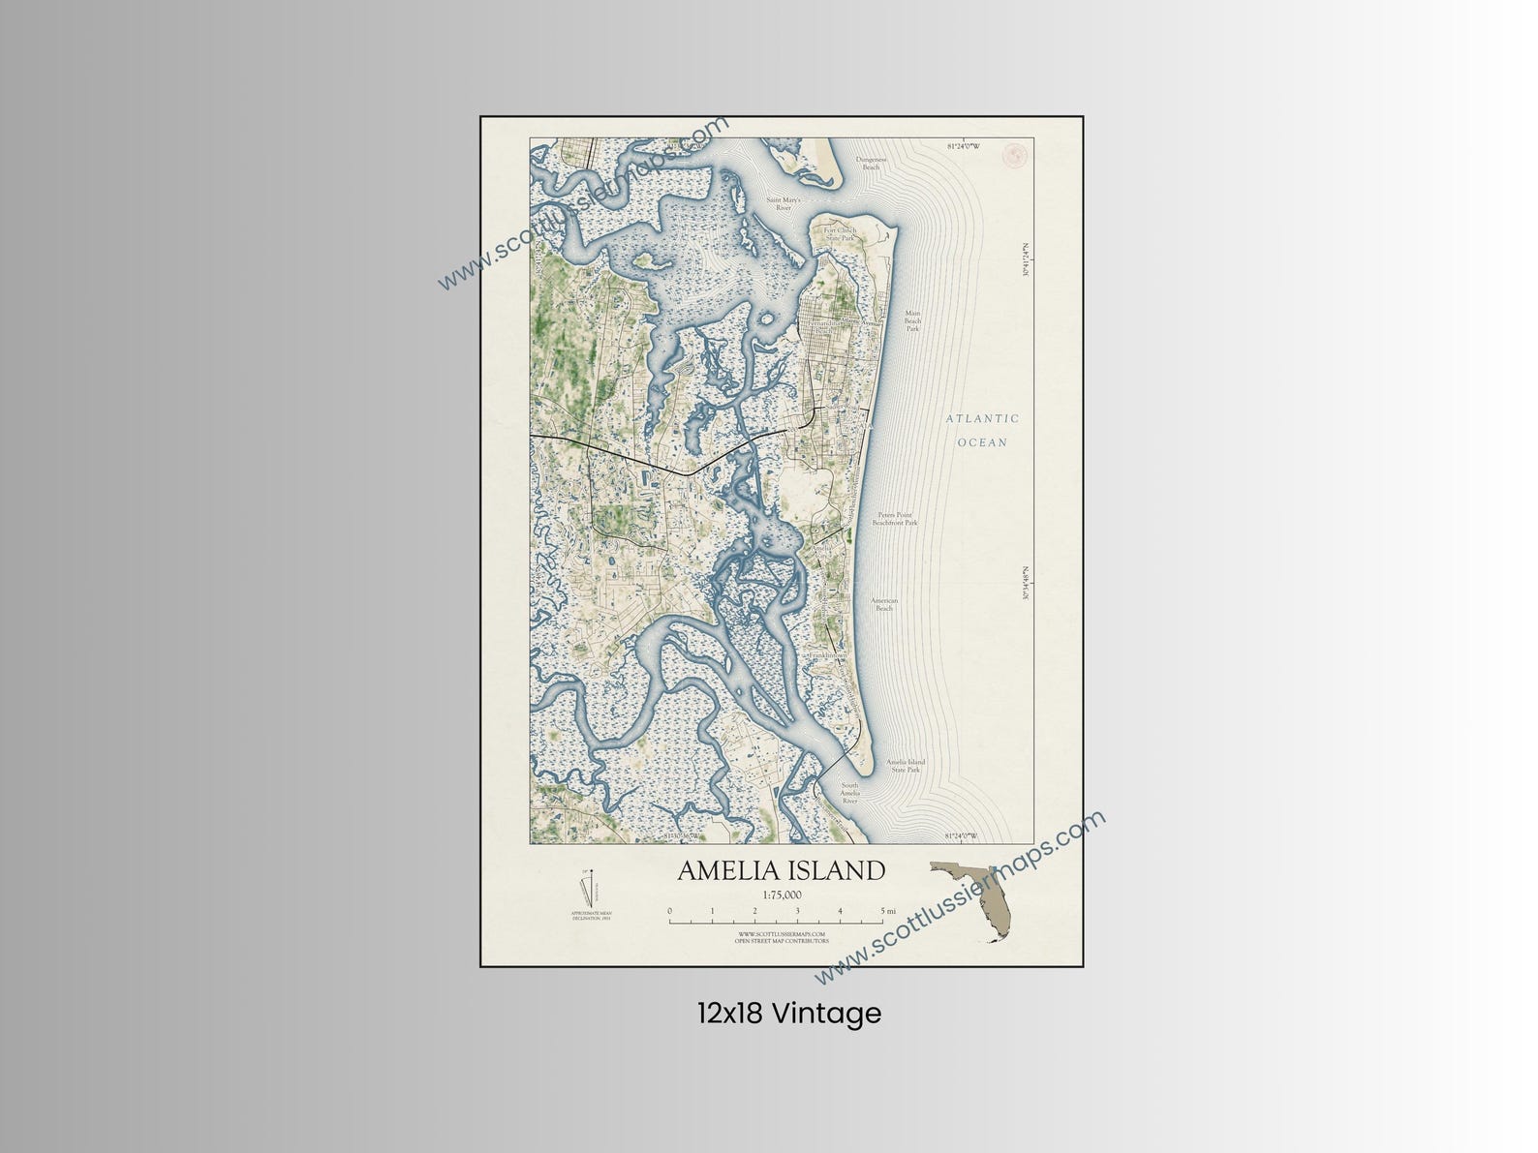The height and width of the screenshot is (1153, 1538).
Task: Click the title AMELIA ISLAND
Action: click(x=781, y=870)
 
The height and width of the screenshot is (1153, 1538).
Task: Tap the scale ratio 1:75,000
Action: click(x=782, y=895)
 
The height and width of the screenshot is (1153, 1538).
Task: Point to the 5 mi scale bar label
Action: click(x=888, y=911)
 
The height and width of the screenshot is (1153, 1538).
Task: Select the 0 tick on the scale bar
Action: click(x=669, y=911)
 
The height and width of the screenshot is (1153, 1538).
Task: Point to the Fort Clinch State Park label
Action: click(x=840, y=233)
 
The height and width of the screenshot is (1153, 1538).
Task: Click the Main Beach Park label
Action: click(x=912, y=320)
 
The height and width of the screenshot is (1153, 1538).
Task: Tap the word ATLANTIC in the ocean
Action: click(x=982, y=419)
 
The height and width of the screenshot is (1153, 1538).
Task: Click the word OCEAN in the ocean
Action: click(x=982, y=442)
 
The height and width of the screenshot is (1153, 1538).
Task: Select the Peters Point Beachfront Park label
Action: click(x=894, y=518)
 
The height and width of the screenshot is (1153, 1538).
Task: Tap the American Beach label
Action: click(x=884, y=604)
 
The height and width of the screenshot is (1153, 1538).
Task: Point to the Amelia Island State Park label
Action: click(x=905, y=766)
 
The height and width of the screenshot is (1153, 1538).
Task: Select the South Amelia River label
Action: click(x=849, y=793)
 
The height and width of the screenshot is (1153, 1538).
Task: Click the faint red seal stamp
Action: click(x=1016, y=153)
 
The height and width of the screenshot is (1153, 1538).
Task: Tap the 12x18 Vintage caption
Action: click(x=788, y=1014)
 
